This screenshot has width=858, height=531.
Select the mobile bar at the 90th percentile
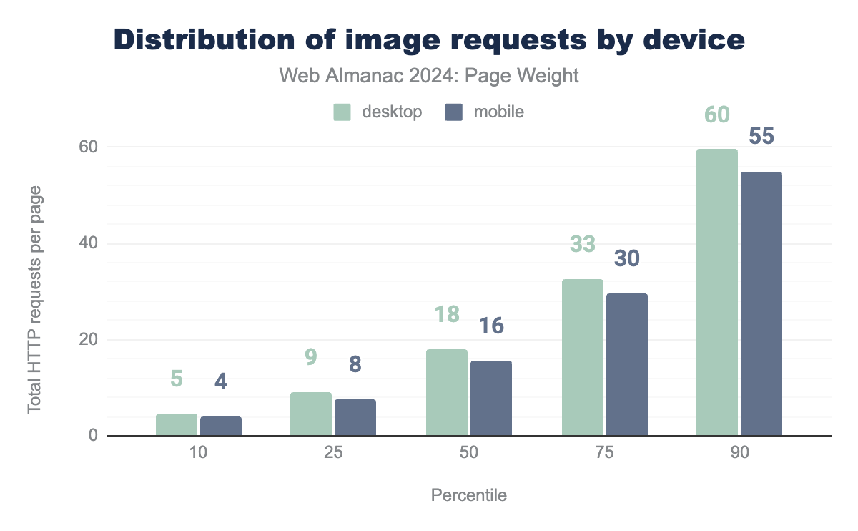761,303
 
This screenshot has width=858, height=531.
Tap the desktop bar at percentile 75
582,357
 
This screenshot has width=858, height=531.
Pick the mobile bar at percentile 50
490,398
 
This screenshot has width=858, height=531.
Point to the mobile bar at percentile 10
221,426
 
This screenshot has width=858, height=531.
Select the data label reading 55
761,137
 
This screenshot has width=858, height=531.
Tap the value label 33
582,244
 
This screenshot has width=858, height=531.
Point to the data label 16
490,326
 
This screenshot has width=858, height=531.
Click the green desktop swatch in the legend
342,112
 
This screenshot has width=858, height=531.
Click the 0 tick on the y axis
92,436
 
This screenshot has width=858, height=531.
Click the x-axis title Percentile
469,495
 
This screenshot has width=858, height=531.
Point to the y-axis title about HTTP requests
34,300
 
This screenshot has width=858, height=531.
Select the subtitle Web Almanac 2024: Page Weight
428,76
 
